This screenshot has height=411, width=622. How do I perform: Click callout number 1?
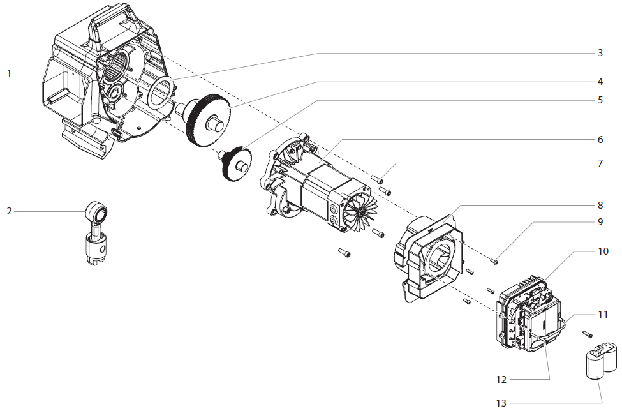[x=9, y=73]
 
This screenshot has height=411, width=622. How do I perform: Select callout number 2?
[x=9, y=211]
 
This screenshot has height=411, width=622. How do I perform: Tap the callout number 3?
[x=600, y=53]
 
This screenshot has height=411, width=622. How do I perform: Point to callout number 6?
[x=600, y=139]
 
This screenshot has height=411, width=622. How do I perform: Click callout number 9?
[x=600, y=222]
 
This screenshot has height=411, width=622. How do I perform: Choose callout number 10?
[x=603, y=251]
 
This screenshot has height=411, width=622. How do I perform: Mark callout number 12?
[x=501, y=379]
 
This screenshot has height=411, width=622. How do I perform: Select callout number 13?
[x=501, y=403]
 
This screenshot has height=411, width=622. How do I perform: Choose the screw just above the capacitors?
[x=588, y=334]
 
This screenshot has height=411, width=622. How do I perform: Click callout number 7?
[x=600, y=163]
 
